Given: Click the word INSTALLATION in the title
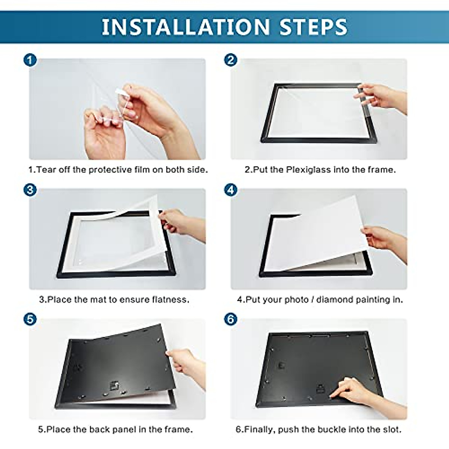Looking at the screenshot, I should (186, 27).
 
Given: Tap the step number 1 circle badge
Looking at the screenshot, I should (30, 60).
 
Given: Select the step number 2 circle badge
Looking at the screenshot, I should (230, 60).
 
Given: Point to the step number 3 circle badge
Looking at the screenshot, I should (30, 190).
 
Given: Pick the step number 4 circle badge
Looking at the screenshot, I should (230, 190).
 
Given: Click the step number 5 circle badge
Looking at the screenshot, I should (30, 319).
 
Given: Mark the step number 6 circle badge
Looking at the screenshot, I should (230, 319).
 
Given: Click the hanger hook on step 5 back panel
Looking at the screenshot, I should (112, 385).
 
